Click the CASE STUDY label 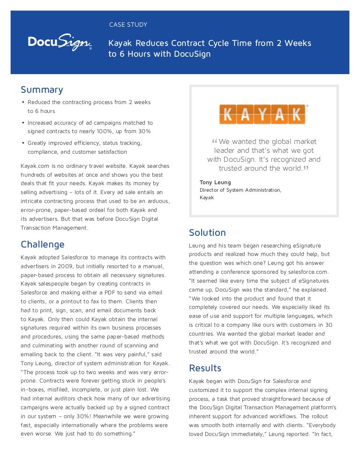(128, 24)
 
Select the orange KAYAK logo (262, 114)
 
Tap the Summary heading (42, 90)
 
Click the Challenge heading (43, 244)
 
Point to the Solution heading (207, 233)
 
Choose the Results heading (205, 368)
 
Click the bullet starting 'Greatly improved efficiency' (84, 143)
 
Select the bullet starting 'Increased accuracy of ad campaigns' (90, 122)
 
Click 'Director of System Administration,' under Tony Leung (240, 190)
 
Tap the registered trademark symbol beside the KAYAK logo (307, 106)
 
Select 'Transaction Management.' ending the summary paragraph (54, 228)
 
